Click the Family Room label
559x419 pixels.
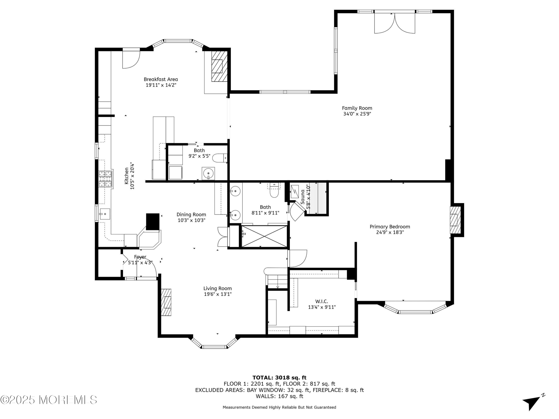(357, 108)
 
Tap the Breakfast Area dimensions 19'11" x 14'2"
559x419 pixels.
(161, 85)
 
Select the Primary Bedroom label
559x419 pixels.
(390, 227)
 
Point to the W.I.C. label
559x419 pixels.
(321, 301)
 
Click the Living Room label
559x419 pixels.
(218, 288)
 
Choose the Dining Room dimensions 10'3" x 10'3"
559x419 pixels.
(191, 220)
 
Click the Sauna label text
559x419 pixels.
(302, 197)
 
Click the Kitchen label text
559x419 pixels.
(126, 176)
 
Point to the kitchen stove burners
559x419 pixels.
(105, 179)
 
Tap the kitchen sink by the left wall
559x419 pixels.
(105, 214)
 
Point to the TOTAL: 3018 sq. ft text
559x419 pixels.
(279, 378)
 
